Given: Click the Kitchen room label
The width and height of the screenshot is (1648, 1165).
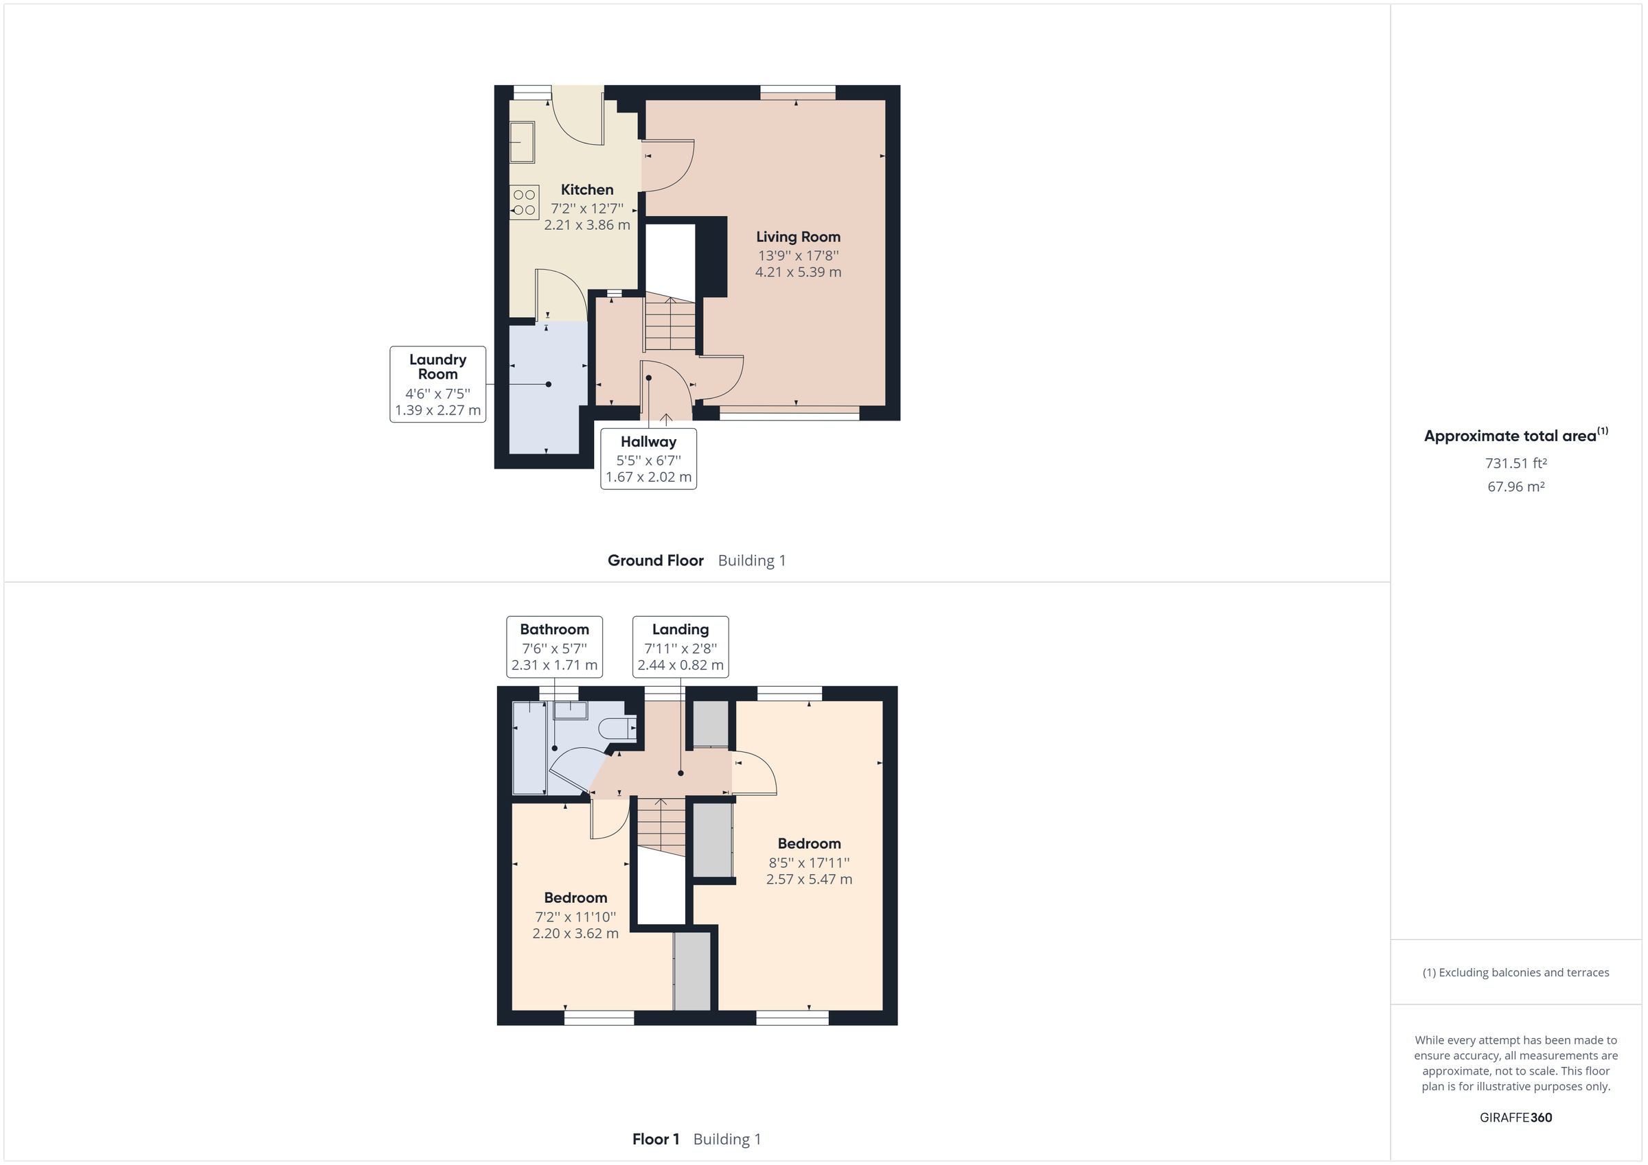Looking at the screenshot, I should [x=586, y=190].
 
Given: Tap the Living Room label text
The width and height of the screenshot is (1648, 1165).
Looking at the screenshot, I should [x=797, y=237].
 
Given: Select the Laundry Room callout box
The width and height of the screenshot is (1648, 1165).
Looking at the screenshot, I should [x=438, y=384].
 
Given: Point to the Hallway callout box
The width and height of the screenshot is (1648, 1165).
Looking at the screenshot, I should [x=648, y=459].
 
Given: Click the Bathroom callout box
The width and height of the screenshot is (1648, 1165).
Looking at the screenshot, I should [x=554, y=646].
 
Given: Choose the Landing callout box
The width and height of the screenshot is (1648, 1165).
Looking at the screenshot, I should [x=680, y=646].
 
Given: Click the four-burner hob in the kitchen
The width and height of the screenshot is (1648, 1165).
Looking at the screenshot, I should [x=524, y=202].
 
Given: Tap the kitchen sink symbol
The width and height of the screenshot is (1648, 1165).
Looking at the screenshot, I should [x=522, y=142].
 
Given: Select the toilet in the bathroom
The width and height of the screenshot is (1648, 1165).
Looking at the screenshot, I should [x=617, y=728].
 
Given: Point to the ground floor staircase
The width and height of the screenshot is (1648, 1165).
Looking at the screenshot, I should [x=669, y=325].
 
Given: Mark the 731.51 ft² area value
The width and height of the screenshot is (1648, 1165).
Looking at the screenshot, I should [x=1515, y=463].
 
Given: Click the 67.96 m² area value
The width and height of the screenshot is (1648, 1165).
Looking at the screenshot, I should [x=1515, y=486].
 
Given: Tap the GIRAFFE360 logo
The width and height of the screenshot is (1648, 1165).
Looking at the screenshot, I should [x=1515, y=1117].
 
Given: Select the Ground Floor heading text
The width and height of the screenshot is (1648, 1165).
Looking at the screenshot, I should [x=655, y=561].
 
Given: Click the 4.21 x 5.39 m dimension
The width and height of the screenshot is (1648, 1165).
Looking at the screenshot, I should [x=797, y=272].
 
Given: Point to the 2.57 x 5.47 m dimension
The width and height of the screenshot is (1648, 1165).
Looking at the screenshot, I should [x=809, y=879].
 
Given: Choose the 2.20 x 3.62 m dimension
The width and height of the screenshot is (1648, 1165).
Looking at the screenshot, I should [x=575, y=933].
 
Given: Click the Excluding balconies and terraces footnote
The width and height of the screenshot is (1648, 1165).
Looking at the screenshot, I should [x=1515, y=972].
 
